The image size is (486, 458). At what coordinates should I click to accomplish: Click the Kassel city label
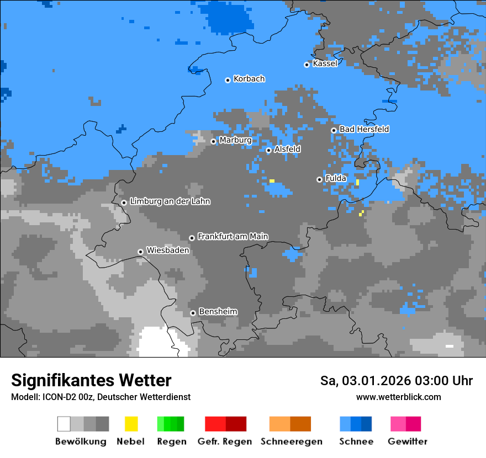325,63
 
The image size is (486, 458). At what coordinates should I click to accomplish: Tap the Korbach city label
249,79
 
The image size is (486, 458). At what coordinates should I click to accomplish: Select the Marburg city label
235,140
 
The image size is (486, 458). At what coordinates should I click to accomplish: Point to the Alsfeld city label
287,149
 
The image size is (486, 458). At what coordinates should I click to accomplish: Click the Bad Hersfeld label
364,129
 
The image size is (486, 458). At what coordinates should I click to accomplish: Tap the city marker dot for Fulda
319,179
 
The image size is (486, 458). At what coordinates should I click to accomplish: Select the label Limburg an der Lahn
170,201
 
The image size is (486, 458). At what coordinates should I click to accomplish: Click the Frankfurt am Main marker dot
192,238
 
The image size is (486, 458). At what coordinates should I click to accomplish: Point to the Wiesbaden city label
167,251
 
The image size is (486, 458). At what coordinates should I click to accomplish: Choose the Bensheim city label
218,312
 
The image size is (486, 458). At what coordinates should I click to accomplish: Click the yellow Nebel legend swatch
131,424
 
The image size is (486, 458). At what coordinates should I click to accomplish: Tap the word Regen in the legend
171,441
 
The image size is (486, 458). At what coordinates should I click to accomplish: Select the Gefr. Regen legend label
225,441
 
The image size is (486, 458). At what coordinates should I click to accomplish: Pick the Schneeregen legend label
292,441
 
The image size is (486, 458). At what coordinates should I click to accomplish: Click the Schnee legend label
356,441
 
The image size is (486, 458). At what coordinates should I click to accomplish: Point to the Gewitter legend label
408,441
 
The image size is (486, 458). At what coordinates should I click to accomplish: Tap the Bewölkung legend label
81,441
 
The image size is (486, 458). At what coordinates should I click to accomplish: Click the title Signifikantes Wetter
91,381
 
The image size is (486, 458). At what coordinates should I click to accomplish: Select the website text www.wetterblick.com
398,397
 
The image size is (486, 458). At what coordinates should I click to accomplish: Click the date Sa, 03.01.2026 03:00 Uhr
397,381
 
